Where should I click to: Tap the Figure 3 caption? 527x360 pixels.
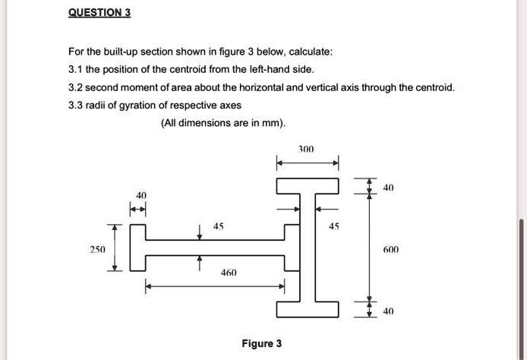[261, 343]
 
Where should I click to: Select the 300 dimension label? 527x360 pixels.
[306, 150]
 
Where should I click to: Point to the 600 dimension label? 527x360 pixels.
[391, 249]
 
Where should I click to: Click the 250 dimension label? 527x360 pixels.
[98, 248]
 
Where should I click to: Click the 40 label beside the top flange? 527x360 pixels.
[389, 187]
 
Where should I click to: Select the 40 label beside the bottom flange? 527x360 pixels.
[389, 311]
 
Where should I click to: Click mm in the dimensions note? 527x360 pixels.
[273, 123]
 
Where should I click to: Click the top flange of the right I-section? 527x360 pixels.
[308, 186]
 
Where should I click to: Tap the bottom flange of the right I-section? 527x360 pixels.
[308, 309]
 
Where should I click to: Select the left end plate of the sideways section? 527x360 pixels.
[139, 248]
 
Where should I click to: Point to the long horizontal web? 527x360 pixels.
[215, 248]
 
